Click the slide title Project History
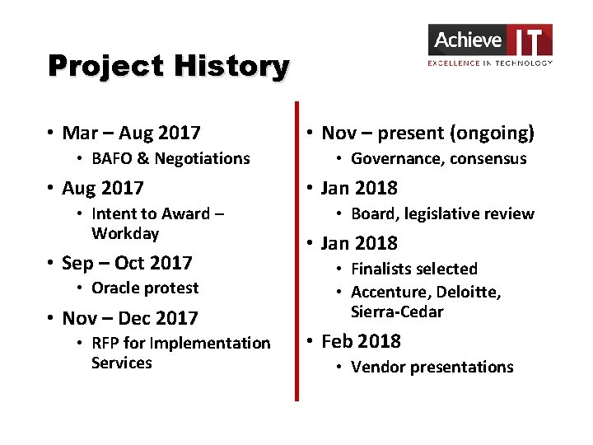pos(168,66)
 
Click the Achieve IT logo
pos(490,40)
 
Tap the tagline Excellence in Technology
pos(490,63)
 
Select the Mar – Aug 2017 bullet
pos(131,133)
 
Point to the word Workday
pos(125,233)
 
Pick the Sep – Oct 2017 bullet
pos(127,263)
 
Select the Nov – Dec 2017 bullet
pos(130,318)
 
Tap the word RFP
pos(105,343)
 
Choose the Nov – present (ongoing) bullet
pos(427,133)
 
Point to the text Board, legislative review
pos(442,213)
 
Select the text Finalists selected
pos(413,269)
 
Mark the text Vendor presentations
pos(432,367)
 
